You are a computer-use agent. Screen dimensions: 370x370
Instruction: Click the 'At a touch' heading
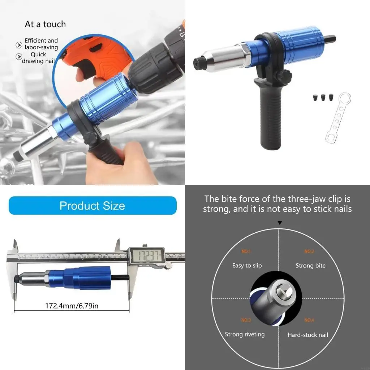point(45,25)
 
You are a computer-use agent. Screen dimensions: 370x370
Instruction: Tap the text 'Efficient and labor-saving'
point(41,44)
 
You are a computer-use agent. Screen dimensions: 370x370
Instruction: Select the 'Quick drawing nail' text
point(38,58)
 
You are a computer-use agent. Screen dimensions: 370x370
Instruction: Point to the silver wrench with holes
point(338,117)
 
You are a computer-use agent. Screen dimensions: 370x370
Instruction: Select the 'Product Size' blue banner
point(92,206)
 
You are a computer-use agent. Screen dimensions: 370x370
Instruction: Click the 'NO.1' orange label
point(246,251)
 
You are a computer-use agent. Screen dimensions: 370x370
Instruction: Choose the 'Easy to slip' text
point(247,266)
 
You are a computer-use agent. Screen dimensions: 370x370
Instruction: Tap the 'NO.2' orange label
point(309,251)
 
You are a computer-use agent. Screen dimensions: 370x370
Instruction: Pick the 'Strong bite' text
point(310,266)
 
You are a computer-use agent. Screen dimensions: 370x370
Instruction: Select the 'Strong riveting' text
point(245,334)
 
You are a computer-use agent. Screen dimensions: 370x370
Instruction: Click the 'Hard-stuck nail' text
point(308,335)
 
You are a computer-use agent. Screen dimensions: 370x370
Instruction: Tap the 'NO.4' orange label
point(309,320)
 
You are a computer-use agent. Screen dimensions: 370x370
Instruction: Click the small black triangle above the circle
point(279,223)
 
